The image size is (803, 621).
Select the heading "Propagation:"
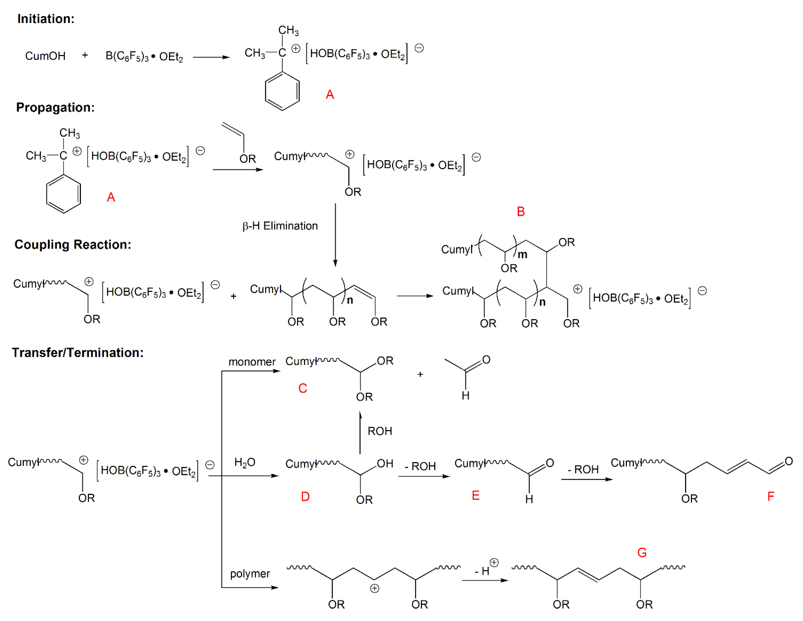pos(55,107)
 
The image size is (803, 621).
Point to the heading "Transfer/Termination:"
pos(78,353)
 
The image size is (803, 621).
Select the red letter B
pos(521,211)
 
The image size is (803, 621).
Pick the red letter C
pos(303,388)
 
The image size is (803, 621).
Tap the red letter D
pos(305,497)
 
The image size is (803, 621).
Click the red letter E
pos(475,496)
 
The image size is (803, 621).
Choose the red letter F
pos(771,497)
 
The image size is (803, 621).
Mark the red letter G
pos(642,553)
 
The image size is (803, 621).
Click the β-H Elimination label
pos(280,226)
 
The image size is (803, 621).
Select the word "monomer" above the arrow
pos(252,362)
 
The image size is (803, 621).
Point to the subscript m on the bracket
pos(522,254)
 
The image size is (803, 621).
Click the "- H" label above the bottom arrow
pos(482,571)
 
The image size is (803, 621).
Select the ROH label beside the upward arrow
pos(380,431)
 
